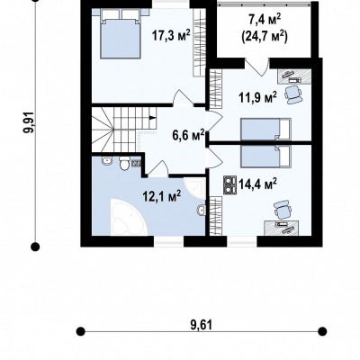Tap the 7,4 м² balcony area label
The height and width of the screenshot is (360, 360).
tap(265, 22)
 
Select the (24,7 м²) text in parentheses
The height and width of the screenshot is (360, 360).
tap(265, 36)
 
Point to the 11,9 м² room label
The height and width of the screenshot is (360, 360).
tap(257, 97)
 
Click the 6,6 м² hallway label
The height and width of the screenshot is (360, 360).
tap(188, 135)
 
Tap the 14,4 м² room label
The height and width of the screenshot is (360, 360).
tap(257, 184)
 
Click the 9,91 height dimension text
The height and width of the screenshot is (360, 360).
tap(30, 122)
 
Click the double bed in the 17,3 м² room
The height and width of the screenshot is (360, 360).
tap(121, 33)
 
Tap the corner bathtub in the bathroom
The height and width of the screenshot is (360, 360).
tap(129, 217)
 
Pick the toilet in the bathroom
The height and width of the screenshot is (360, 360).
tap(123, 163)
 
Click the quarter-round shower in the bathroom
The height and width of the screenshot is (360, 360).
tap(195, 188)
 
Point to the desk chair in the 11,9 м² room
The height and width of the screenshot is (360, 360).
tap(292, 94)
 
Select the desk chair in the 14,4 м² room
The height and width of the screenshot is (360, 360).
tap(283, 210)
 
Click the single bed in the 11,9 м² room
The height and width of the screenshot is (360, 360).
tap(265, 129)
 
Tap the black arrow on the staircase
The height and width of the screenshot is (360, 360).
tap(153, 118)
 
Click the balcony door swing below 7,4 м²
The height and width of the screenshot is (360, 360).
tap(256, 67)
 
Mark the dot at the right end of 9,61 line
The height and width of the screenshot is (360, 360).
tap(322, 331)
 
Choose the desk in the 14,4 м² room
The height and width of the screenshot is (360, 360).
tap(282, 228)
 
